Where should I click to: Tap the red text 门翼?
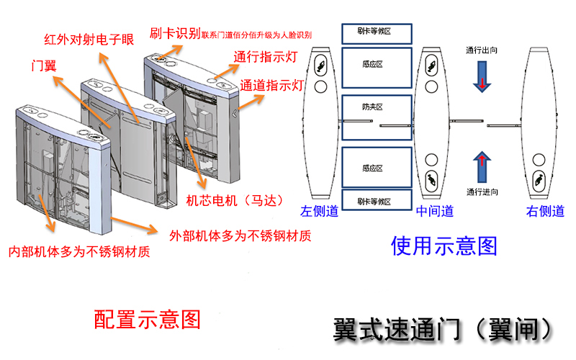point(44,64)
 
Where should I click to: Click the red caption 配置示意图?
point(147,319)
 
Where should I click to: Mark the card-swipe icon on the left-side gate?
point(321,68)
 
